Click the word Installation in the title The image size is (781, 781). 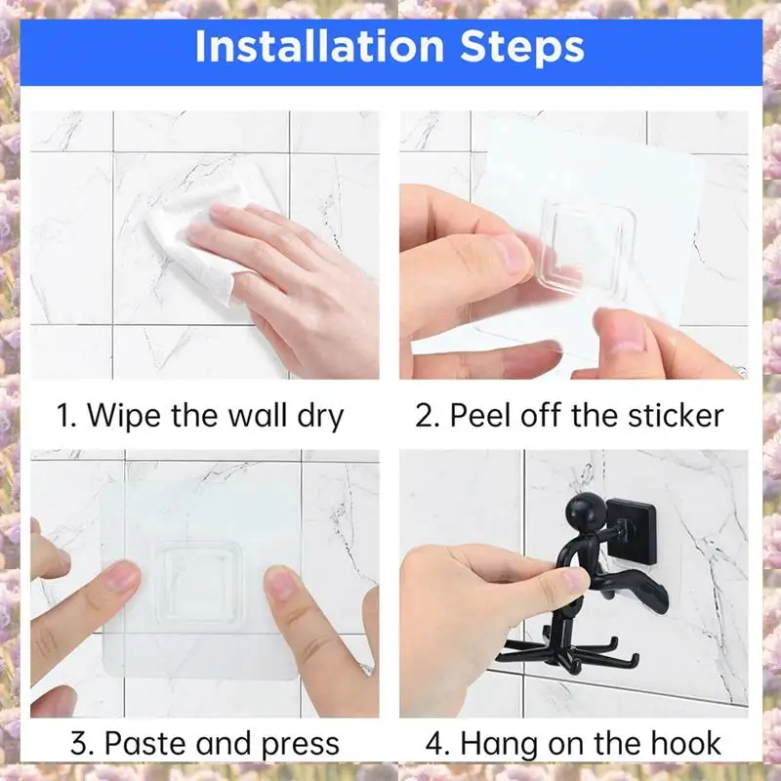point(319,46)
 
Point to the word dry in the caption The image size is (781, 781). point(320,417)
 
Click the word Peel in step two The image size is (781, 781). point(482,415)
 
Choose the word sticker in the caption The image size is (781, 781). point(676,415)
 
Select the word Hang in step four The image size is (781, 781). point(498,745)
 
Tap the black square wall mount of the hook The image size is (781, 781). point(631,531)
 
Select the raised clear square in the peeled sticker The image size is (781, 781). point(581,249)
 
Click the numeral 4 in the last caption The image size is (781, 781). point(434,744)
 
